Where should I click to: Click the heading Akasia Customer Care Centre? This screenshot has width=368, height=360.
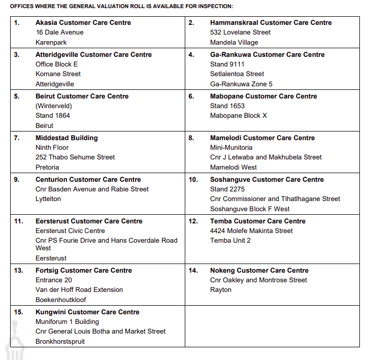click(x=83, y=23)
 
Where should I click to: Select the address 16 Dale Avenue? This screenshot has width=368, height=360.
click(x=59, y=32)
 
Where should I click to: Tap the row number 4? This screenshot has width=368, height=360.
click(x=191, y=55)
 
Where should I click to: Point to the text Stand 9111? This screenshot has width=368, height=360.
click(x=227, y=64)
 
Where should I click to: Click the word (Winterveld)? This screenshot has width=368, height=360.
click(x=54, y=106)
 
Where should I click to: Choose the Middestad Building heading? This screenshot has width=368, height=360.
click(x=66, y=138)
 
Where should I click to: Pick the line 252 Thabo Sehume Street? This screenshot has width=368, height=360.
click(x=75, y=157)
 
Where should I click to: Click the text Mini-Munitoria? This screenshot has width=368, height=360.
click(x=231, y=148)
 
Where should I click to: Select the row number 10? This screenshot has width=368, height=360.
click(x=193, y=180)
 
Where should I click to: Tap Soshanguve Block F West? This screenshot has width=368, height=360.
click(x=250, y=209)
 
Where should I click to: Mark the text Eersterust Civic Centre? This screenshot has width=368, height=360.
click(x=70, y=231)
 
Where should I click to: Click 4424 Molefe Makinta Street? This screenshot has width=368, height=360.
click(x=251, y=231)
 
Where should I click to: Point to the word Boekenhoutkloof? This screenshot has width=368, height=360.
click(x=61, y=300)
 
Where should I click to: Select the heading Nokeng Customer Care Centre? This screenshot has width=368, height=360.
click(x=259, y=271)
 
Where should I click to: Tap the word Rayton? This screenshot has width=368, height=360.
click(x=220, y=290)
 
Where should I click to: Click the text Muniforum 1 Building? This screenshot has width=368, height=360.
click(x=67, y=322)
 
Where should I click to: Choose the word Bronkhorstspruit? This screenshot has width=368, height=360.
click(x=60, y=342)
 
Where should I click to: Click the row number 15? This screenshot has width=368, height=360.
click(x=18, y=312)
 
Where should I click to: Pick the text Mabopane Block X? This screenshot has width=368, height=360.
click(x=238, y=116)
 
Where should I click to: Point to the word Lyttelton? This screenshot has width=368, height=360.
click(x=48, y=199)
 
